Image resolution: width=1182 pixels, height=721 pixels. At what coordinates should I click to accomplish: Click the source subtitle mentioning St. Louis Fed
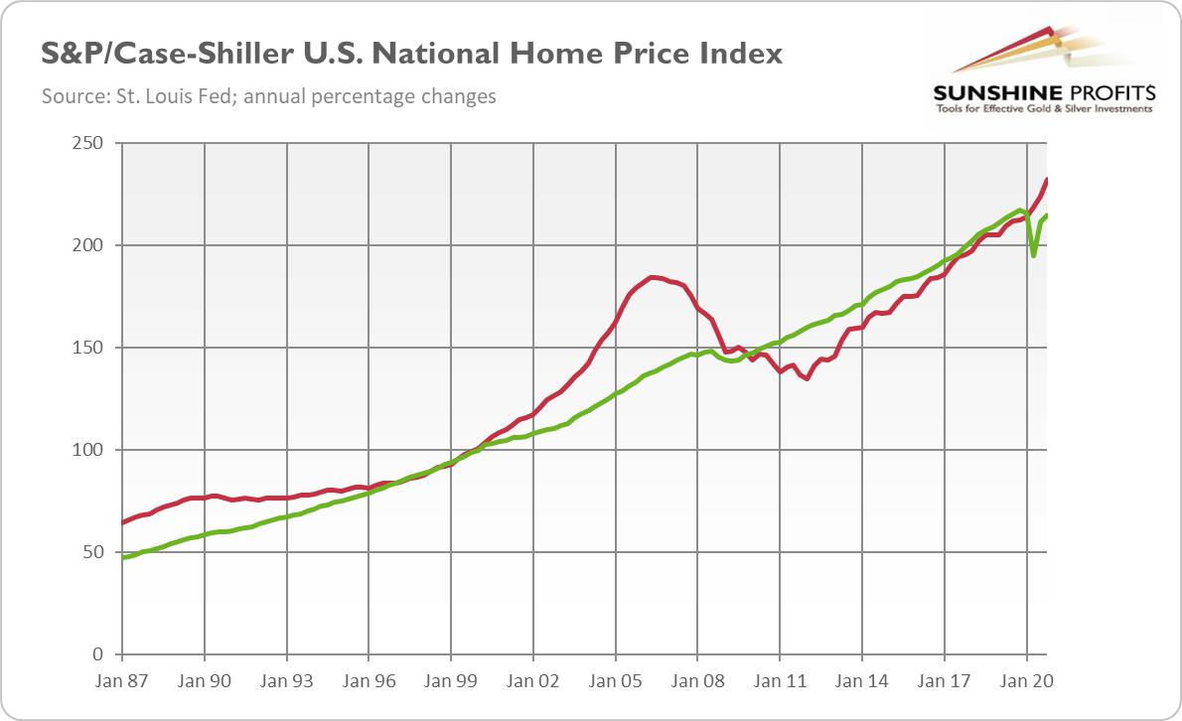269,97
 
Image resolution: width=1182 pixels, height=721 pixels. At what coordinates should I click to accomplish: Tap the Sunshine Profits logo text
1043,94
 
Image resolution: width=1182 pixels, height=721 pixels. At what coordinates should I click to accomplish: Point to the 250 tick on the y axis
89,143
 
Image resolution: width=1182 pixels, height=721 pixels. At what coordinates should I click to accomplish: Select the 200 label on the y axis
89,245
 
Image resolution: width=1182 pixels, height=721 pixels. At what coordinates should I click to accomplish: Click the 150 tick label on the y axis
89,348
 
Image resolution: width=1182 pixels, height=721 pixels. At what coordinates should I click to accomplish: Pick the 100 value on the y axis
89,450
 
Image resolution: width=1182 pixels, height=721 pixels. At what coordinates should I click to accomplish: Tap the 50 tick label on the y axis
93,552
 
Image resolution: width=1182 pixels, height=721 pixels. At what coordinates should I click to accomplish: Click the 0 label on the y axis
97,654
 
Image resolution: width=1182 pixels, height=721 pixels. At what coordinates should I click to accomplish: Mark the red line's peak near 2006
652,277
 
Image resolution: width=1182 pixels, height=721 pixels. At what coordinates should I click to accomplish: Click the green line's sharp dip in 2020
1034,255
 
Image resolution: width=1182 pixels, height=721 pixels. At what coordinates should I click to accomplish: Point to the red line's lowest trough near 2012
807,378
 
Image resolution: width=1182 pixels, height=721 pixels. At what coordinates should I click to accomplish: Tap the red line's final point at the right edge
1048,180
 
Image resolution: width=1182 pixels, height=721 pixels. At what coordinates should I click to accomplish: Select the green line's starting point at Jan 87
123,557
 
